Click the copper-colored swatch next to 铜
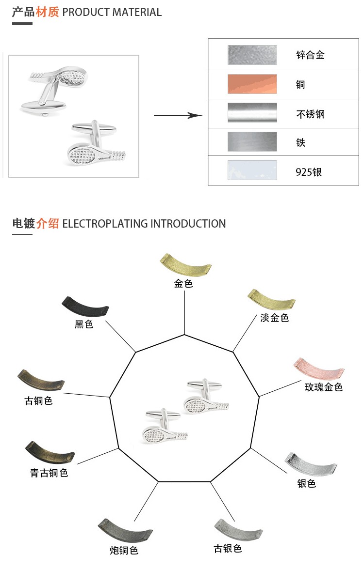pos(252,84)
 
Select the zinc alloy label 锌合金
pos(310,55)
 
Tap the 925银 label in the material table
pos(309,172)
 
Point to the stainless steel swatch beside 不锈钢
pos(252,113)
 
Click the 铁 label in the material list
pos(301,143)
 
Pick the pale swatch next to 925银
pos(252,170)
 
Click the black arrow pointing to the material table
pos(178,115)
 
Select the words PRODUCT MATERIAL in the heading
pos(112,12)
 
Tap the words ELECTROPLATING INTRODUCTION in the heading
pos(144,224)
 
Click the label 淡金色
pos(274,318)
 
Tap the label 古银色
pos(228,549)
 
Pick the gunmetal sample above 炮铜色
pos(125,531)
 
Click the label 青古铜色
pos(49,473)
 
